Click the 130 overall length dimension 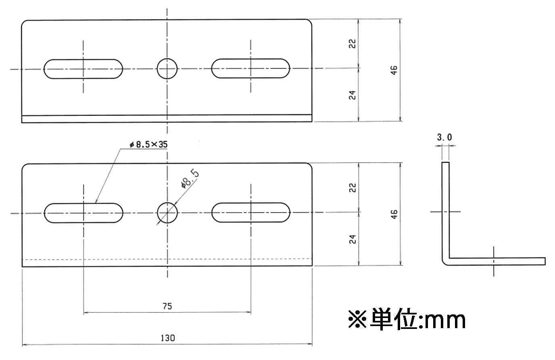[167, 338]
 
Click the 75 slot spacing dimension [167, 306]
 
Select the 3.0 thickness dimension [444, 137]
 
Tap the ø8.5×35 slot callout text [148, 144]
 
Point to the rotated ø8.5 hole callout [190, 179]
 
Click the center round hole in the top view [167, 69]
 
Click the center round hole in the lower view [167, 213]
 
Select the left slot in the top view [83, 69]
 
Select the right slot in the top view [250, 68]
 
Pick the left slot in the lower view [83, 213]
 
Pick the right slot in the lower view [250, 213]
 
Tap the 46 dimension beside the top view [394, 70]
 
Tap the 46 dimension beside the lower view [394, 214]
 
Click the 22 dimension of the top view [353, 44]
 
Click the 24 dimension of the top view [353, 95]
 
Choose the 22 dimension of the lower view [353, 188]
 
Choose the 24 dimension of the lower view [353, 239]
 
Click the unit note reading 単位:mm [407, 320]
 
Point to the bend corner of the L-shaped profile [446, 261]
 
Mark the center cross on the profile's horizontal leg [494, 261]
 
